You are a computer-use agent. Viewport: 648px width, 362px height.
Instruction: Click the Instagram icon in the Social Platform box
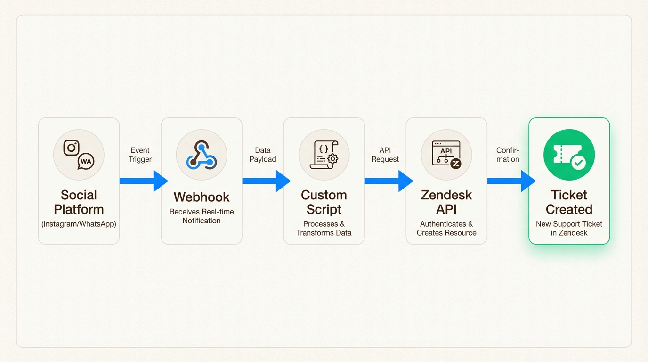pos(71,148)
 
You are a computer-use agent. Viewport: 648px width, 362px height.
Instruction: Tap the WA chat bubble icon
pos(86,162)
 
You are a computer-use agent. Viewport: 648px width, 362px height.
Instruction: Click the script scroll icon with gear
pos(324,155)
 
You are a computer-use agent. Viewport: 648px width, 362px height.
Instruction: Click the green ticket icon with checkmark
pos(569,155)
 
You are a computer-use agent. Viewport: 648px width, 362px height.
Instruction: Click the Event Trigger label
pos(140,155)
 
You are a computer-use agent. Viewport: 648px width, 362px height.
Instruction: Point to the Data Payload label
pos(263,155)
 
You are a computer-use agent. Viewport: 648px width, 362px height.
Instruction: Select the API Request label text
pos(385,155)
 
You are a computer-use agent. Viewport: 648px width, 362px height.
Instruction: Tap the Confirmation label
pos(508,155)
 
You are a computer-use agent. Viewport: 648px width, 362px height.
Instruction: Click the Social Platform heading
pos(79,202)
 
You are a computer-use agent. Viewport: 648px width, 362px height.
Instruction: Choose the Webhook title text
pos(202,197)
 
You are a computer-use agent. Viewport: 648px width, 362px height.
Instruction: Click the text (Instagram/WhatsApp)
pos(79,224)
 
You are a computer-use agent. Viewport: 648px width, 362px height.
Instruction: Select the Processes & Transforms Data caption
pos(324,228)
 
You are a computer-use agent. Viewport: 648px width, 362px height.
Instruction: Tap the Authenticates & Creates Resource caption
pos(446,228)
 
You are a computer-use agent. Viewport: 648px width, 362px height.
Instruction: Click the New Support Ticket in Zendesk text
pos(569,228)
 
